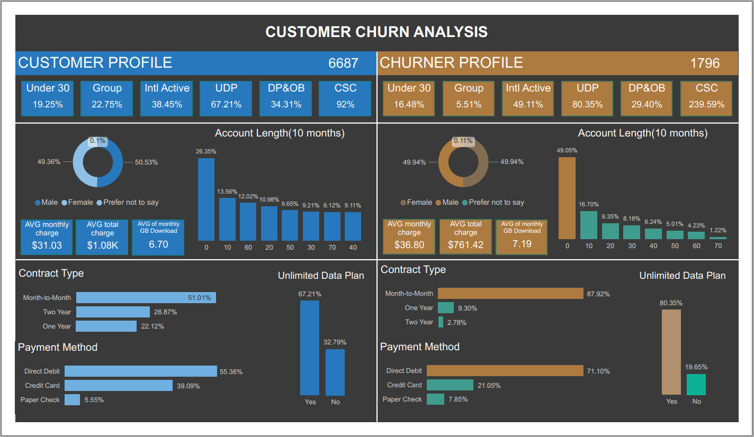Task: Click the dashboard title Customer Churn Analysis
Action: click(x=376, y=32)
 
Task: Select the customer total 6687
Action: click(x=343, y=63)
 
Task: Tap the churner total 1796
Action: click(x=705, y=63)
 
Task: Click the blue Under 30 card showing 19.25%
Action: click(x=48, y=98)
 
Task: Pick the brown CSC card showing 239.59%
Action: click(x=706, y=98)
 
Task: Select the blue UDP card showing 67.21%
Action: click(x=226, y=98)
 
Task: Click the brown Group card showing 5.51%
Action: click(x=469, y=98)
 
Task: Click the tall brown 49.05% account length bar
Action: click(x=567, y=198)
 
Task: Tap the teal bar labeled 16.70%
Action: click(x=588, y=225)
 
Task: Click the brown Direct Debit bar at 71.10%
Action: click(x=505, y=371)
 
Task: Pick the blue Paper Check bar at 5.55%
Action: click(x=72, y=400)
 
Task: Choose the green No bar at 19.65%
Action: click(x=696, y=384)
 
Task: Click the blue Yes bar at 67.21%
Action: click(x=310, y=348)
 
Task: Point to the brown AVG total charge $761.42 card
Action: click(x=465, y=236)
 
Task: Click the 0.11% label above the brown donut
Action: click(x=463, y=141)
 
